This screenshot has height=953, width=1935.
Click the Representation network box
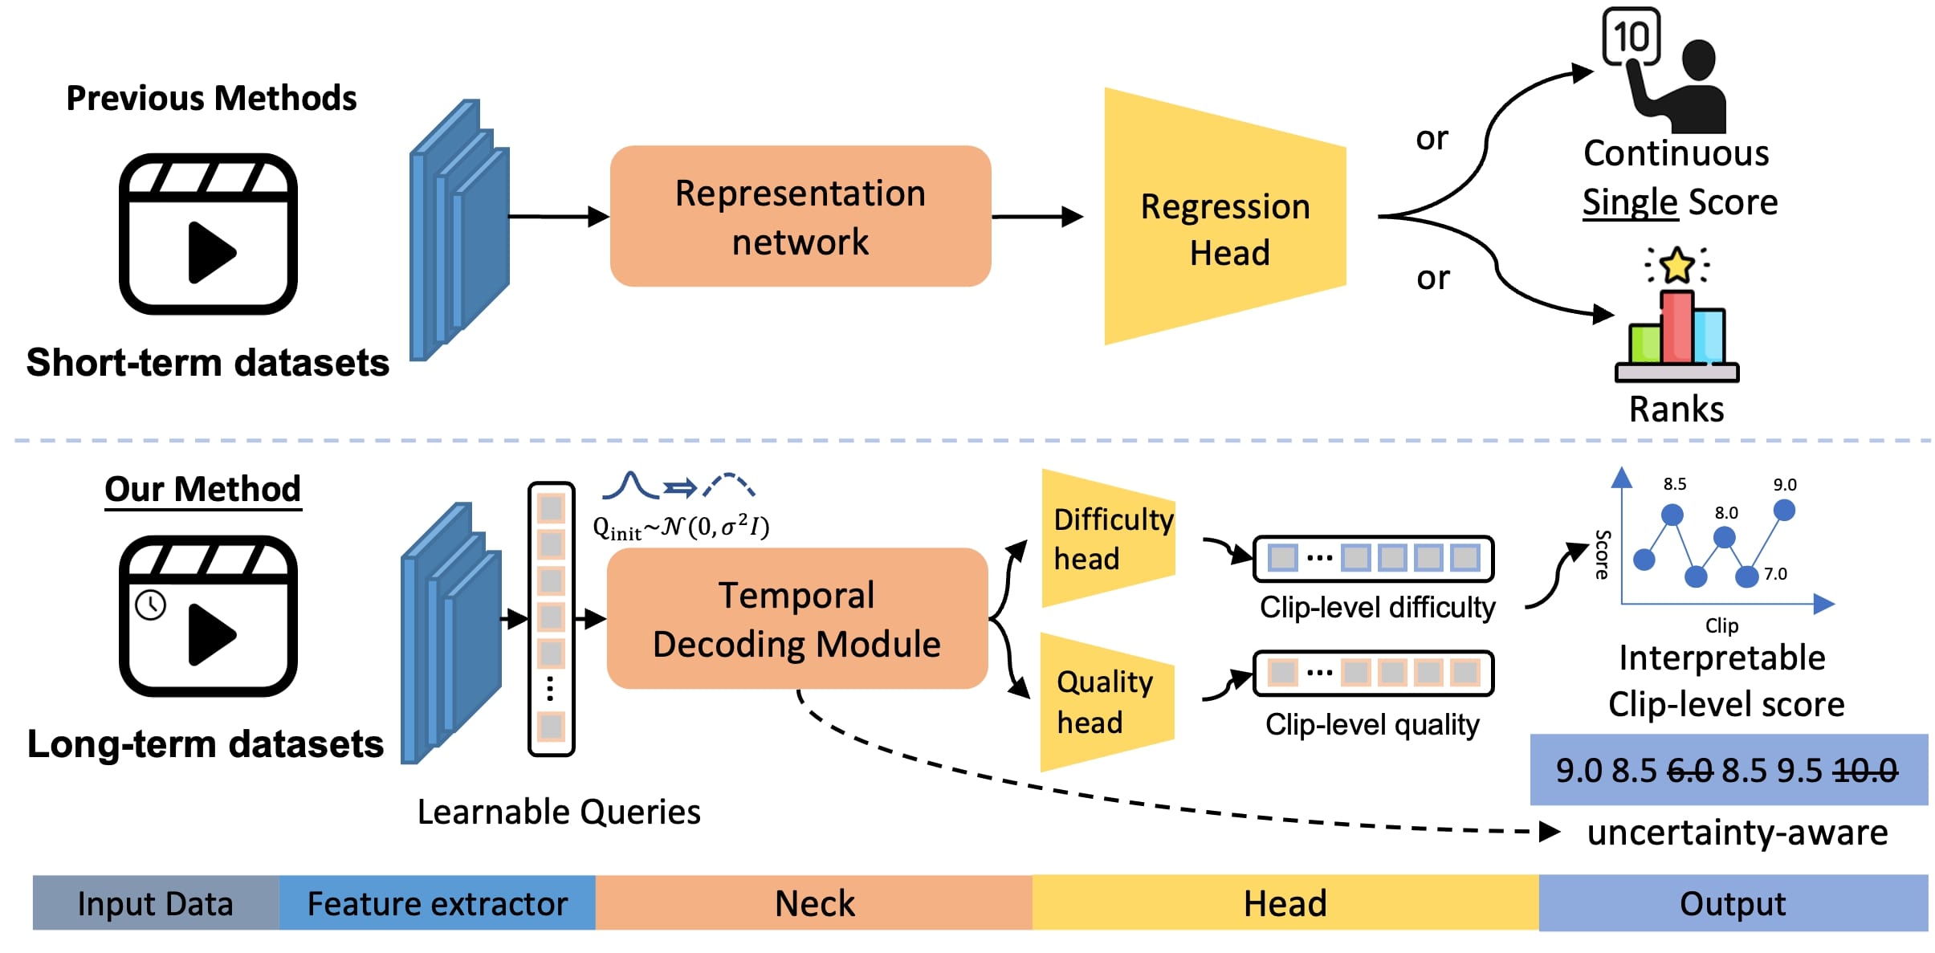point(800,217)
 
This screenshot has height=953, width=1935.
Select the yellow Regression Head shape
point(1224,229)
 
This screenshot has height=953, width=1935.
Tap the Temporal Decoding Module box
point(796,619)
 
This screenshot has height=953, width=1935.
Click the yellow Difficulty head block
point(1108,539)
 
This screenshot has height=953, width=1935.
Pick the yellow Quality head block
point(1106,702)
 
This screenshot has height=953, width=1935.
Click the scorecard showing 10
point(1631,37)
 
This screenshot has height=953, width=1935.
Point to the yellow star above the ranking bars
point(1677,266)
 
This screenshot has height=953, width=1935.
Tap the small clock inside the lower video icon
point(151,605)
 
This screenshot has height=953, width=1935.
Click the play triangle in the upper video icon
point(210,253)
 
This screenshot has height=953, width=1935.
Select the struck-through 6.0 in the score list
point(1689,771)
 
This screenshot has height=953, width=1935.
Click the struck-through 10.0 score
point(1866,771)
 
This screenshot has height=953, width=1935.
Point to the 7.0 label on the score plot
point(1775,574)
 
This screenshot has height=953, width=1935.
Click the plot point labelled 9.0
point(1784,510)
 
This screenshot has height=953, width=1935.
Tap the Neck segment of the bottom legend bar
point(813,903)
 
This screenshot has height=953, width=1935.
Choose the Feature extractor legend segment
point(437,903)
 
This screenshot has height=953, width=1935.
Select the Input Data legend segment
point(155,903)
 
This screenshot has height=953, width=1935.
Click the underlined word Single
point(1629,202)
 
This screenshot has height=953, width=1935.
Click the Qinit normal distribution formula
point(681,527)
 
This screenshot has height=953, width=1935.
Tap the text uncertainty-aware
point(1737,833)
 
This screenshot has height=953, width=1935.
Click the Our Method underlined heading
point(202,489)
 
